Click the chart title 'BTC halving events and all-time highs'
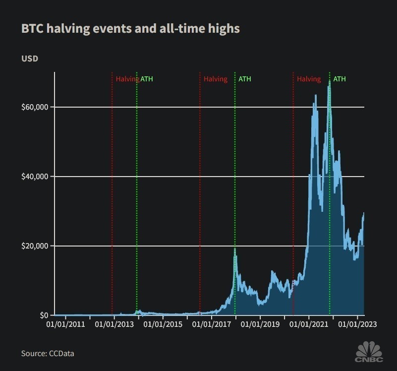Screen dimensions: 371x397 coord(130,29)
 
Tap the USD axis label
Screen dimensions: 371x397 coord(30,59)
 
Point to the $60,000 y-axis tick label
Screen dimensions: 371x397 coord(35,107)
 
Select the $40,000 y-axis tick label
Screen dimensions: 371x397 coord(35,177)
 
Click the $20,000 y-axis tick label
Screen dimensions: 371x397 coord(35,246)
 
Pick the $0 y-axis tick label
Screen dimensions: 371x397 coord(44,315)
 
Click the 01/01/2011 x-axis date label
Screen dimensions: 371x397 coord(66,325)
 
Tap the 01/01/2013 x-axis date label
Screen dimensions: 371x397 coord(114,325)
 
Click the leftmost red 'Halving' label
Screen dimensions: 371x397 coord(127,79)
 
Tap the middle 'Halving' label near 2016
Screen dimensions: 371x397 coord(216,79)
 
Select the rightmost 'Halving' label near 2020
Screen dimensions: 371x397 coord(309,79)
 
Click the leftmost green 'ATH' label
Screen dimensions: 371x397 coord(147,79)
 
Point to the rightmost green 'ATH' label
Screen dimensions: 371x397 coord(340,79)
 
